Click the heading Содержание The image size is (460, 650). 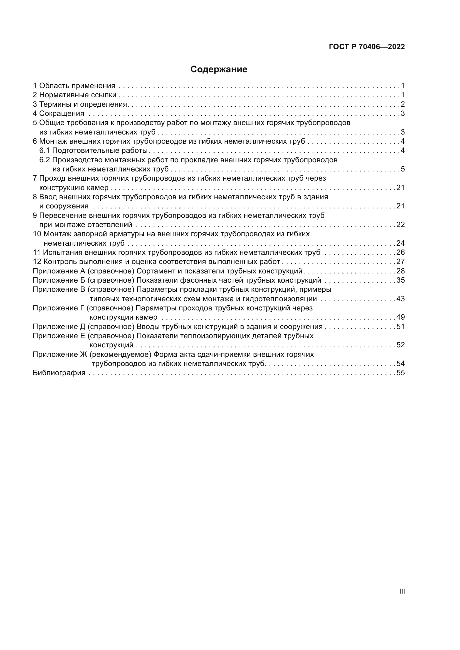(219, 69)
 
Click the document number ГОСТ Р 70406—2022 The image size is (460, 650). (367, 47)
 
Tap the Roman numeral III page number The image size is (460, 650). (402, 591)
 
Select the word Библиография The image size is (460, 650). (59, 373)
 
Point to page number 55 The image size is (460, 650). (400, 373)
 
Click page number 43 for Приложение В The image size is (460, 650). (400, 299)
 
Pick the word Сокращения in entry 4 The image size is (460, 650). (61, 114)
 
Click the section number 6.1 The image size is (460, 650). (44, 150)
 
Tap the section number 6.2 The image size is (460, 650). (44, 160)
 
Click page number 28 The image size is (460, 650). (400, 271)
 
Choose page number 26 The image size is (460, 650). (400, 253)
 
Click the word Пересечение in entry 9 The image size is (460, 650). (63, 215)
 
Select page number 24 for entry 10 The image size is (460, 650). (400, 243)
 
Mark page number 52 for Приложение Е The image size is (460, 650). (400, 345)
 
